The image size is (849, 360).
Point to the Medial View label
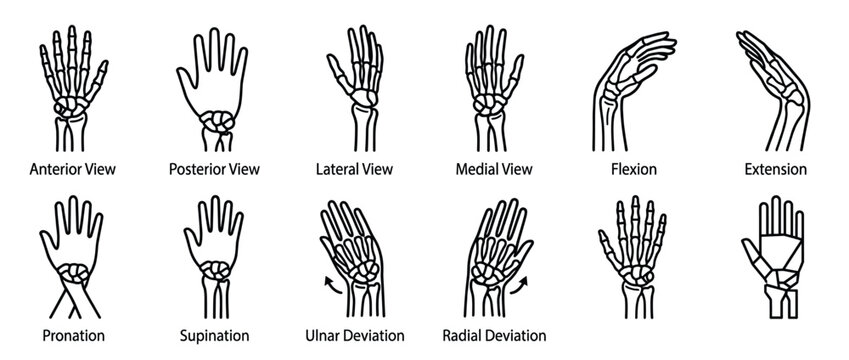click(x=495, y=169)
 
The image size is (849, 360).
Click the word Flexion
click(x=634, y=169)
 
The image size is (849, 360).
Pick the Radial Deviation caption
click(x=495, y=335)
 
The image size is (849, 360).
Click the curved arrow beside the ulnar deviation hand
click(x=327, y=286)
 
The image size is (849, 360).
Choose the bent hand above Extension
click(x=772, y=85)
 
